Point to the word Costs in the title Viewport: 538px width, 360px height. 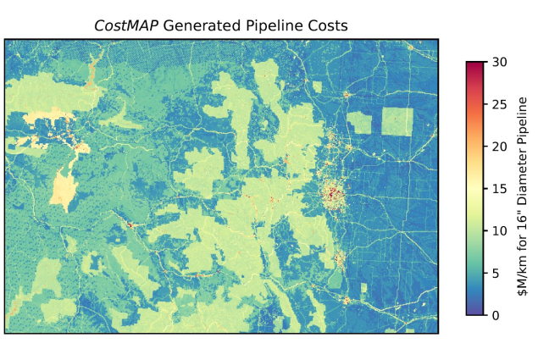point(327,25)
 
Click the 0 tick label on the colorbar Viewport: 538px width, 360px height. point(493,315)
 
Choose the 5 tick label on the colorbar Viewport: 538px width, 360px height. point(493,273)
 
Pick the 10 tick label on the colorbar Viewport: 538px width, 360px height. point(496,230)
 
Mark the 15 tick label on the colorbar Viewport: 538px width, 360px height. point(496,188)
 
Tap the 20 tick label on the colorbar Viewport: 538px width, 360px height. point(496,146)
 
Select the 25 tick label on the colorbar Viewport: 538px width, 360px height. point(496,103)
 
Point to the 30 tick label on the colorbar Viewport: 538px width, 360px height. point(496,61)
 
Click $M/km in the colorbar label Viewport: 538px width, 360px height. point(524,272)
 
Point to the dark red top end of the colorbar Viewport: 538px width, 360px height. point(475,65)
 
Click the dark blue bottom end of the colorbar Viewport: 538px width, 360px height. point(475,311)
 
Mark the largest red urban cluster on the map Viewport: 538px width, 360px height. point(331,197)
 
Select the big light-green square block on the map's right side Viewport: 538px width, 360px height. point(397,123)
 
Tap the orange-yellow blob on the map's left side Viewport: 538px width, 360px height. point(61,186)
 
